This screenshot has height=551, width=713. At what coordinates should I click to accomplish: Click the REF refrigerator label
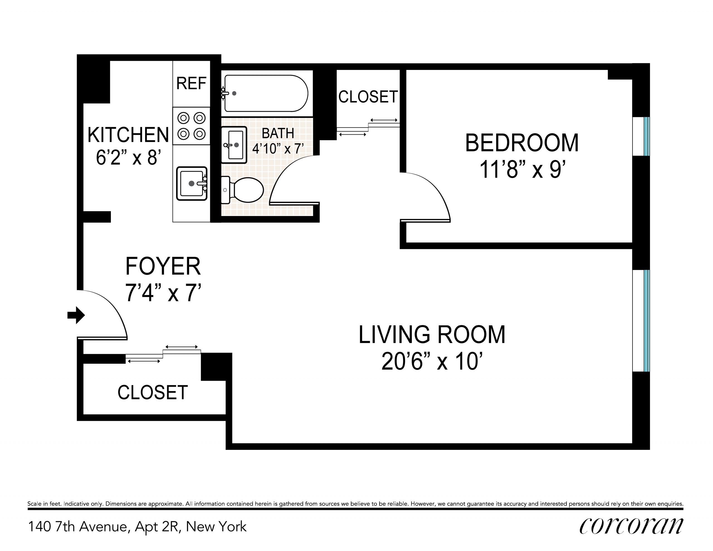click(191, 83)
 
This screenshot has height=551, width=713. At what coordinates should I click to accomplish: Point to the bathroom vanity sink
click(234, 145)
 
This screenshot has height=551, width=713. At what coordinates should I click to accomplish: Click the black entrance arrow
click(76, 315)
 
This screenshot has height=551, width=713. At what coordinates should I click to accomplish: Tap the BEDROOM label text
click(522, 143)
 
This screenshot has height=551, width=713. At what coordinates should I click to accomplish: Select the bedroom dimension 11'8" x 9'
click(522, 170)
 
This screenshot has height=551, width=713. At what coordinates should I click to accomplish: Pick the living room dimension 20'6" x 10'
click(432, 361)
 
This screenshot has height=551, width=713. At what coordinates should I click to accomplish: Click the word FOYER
click(163, 266)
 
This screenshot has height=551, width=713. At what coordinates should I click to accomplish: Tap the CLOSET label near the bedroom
click(368, 97)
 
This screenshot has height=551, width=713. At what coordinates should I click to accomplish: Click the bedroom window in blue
click(646, 137)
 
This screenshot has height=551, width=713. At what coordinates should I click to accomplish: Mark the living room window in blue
click(646, 321)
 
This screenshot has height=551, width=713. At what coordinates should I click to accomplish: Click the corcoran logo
click(631, 526)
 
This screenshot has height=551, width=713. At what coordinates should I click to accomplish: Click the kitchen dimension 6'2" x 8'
click(128, 158)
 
